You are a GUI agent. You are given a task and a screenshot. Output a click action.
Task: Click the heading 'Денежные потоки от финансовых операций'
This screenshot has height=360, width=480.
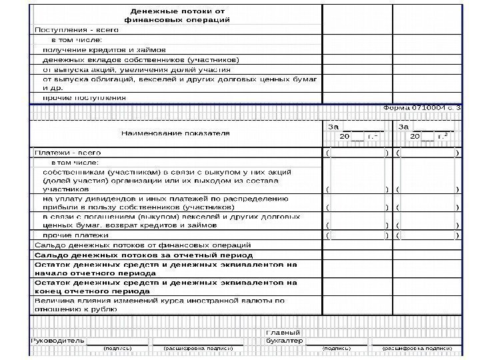178,15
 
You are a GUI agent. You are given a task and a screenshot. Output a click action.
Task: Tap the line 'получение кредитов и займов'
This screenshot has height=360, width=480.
104,49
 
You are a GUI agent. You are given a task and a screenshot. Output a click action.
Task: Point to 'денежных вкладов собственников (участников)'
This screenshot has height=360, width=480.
141,59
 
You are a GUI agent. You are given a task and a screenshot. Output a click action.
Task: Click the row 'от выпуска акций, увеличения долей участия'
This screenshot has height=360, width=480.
137,69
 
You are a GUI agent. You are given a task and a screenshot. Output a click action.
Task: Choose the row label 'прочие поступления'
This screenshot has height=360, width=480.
84,97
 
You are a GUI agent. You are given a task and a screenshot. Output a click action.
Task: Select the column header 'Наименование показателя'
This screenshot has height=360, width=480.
175,133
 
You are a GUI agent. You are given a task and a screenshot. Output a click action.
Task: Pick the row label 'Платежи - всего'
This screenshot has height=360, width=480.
68,153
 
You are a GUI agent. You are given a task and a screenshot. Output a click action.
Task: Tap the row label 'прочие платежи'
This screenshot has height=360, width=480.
75,235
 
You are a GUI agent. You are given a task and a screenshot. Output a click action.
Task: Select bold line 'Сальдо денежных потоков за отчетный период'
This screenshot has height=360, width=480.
144,255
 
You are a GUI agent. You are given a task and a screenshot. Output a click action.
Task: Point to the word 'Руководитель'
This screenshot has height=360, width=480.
59,341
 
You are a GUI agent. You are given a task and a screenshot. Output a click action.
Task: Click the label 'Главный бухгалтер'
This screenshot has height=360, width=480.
283,337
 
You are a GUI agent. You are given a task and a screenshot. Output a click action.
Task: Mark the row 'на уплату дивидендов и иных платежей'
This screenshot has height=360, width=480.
165,203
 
